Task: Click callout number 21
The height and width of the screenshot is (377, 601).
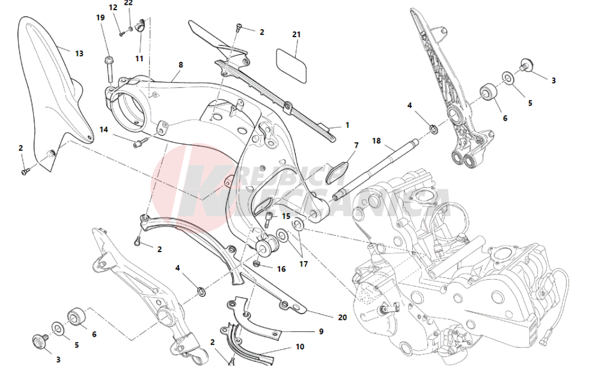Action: [296, 34]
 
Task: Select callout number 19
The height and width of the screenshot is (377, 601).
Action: [100, 17]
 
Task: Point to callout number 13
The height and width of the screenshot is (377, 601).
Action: [79, 53]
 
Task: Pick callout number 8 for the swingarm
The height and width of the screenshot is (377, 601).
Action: [180, 64]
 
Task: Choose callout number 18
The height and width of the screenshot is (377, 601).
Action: [376, 141]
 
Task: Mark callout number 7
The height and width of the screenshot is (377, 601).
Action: [356, 145]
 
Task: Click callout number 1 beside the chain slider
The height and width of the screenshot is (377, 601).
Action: [347, 125]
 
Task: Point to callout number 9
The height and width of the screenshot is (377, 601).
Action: [321, 331]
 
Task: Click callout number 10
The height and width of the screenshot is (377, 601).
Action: [300, 346]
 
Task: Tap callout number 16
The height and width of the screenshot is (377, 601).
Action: [281, 269]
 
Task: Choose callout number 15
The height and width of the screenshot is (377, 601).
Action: [286, 216]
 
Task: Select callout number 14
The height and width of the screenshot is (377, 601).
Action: [103, 129]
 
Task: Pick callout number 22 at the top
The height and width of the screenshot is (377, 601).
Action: [128, 3]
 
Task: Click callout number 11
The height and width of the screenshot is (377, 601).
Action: [139, 58]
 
